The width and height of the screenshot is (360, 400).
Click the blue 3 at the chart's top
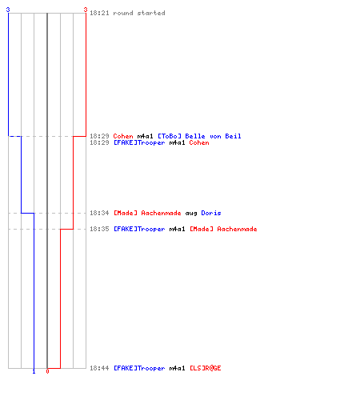pos(8,10)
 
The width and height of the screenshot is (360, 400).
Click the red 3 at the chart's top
pos(86,10)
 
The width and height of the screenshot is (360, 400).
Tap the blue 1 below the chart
pos(34,371)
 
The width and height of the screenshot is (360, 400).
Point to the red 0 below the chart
pos(47,371)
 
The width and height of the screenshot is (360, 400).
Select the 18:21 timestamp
pos(99,13)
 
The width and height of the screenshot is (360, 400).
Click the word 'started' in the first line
pos(151,13)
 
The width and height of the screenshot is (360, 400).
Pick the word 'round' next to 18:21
pos(123,13)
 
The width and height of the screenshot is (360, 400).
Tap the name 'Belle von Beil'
pos(213,136)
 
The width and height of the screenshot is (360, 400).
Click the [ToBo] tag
pos(170,136)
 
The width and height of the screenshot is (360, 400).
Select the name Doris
pos(211,213)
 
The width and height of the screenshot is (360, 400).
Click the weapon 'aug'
pos(191,214)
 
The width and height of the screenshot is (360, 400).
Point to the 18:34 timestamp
pos(99,213)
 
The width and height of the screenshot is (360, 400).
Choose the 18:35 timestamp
pos(99,229)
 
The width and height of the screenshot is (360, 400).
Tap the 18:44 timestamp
pos(99,368)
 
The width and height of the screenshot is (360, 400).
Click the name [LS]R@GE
pos(206,368)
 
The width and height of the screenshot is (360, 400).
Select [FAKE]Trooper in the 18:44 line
pos(139,368)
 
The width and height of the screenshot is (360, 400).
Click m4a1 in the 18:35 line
pos(177,229)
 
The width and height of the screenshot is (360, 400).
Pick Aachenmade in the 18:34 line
pos(161,213)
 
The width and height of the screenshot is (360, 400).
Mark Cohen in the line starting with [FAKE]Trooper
pos(199,142)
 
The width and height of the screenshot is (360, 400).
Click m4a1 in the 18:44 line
pos(177,368)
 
